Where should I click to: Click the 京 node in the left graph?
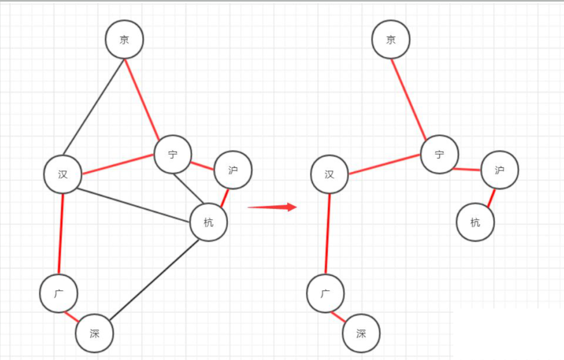click(124, 39)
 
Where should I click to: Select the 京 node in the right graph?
click(391, 39)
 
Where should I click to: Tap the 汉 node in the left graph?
click(63, 174)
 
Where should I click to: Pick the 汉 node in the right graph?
click(330, 174)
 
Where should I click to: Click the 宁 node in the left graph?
click(173, 155)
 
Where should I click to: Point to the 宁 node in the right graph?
click(440, 155)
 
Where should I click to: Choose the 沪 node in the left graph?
click(233, 170)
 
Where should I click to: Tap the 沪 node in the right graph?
click(499, 170)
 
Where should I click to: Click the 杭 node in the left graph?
click(209, 222)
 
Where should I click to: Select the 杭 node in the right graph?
click(475, 222)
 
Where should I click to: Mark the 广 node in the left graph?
click(59, 293)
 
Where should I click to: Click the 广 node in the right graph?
click(325, 293)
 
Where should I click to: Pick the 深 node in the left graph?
click(95, 333)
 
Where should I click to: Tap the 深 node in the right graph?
click(361, 333)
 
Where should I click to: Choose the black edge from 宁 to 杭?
click(188, 188)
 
